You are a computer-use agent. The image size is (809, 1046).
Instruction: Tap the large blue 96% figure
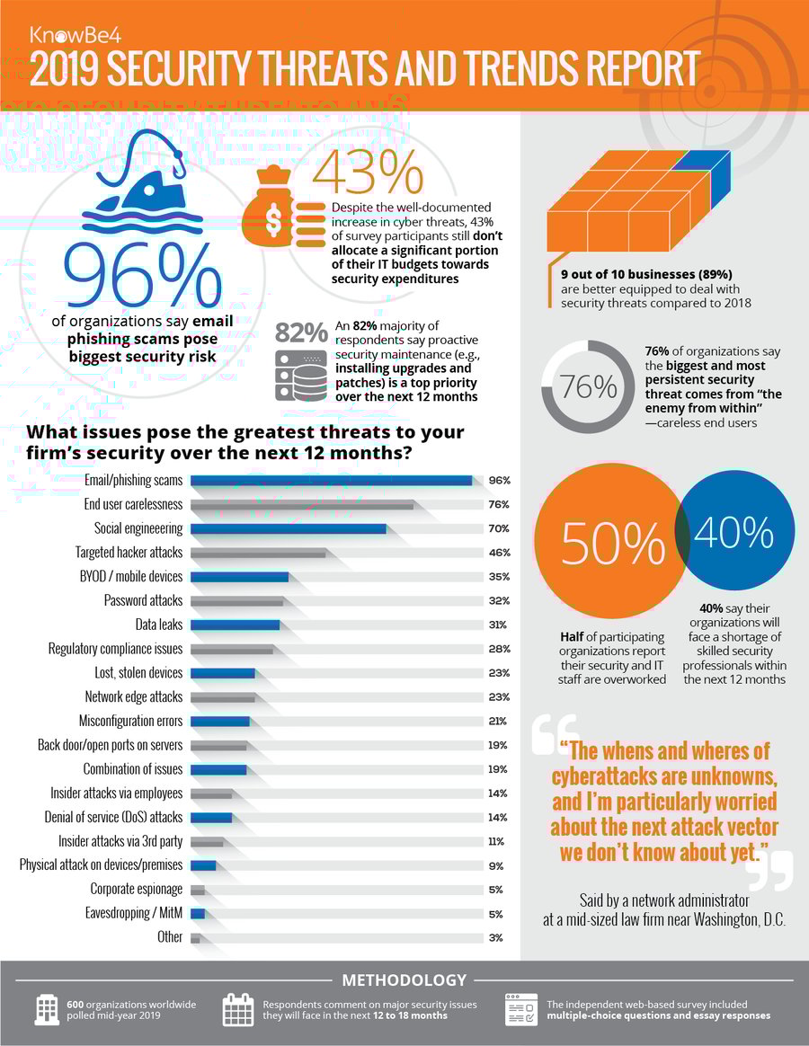[x=141, y=275]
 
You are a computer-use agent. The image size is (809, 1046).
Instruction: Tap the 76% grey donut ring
[x=589, y=388]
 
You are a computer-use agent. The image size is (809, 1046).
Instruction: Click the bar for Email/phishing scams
[x=331, y=481]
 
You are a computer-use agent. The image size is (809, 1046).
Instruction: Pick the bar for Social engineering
[x=288, y=529]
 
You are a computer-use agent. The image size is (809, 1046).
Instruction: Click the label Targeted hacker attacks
[x=129, y=553]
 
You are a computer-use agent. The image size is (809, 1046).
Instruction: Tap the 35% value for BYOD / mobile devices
[x=499, y=577]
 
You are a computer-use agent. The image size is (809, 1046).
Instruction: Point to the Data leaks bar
[x=235, y=625]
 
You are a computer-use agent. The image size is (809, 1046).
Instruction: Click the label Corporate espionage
[x=136, y=890]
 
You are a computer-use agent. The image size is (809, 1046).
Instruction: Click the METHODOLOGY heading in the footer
[x=404, y=980]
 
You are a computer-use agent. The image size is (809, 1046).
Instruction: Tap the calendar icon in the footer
[x=239, y=1010]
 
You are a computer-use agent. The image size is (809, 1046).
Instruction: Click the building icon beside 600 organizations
[x=45, y=1010]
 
